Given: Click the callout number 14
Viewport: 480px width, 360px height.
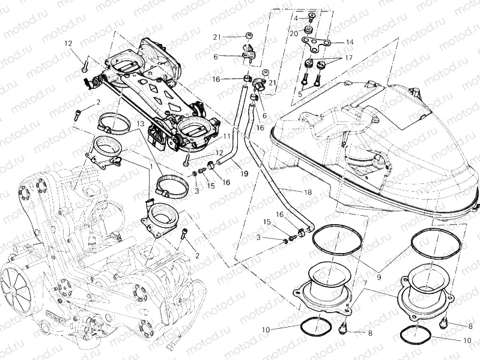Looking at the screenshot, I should tap(350, 42).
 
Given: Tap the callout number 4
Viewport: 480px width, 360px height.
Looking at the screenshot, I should tap(296, 19).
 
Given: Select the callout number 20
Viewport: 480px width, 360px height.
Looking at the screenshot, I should tap(294, 33).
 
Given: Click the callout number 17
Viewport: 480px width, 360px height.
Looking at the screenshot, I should tap(348, 59).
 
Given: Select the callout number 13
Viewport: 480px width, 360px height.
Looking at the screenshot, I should tap(139, 123).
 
